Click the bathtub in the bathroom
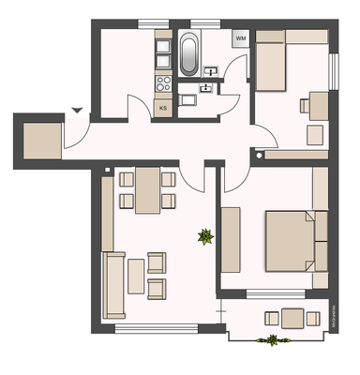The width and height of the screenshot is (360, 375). [189, 54]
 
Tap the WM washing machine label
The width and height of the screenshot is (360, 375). [241, 38]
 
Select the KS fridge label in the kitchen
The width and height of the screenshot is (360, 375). [163, 107]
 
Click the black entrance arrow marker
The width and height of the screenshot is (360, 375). [76, 110]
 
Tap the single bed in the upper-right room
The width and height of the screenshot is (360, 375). [271, 62]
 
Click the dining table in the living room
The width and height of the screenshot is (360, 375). [147, 190]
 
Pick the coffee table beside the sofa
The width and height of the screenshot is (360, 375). [136, 276]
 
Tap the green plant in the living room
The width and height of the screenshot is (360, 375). [203, 238]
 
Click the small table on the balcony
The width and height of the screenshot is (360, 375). [292, 318]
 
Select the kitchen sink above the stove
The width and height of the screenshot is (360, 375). [163, 50]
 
